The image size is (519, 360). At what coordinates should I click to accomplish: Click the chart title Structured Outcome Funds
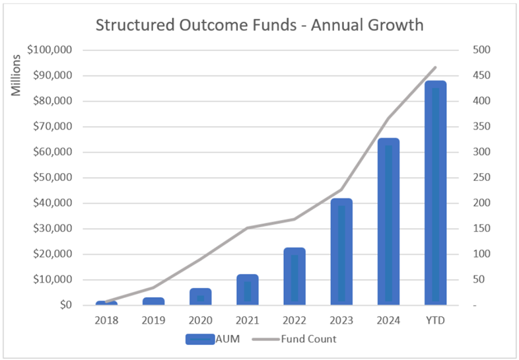point(259,25)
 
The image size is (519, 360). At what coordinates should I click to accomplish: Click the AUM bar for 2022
point(294,276)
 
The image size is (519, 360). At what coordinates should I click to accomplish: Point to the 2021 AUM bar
point(248,289)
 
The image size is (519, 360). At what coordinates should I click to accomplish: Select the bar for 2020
point(201,297)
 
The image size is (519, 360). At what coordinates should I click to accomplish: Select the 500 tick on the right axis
point(478,50)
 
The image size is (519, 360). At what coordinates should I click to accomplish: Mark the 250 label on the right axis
point(478,178)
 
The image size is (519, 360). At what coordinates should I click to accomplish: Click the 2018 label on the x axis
point(106,320)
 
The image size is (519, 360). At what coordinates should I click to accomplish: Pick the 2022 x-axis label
point(294,320)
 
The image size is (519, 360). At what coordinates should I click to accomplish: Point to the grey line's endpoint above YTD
point(436,67)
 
